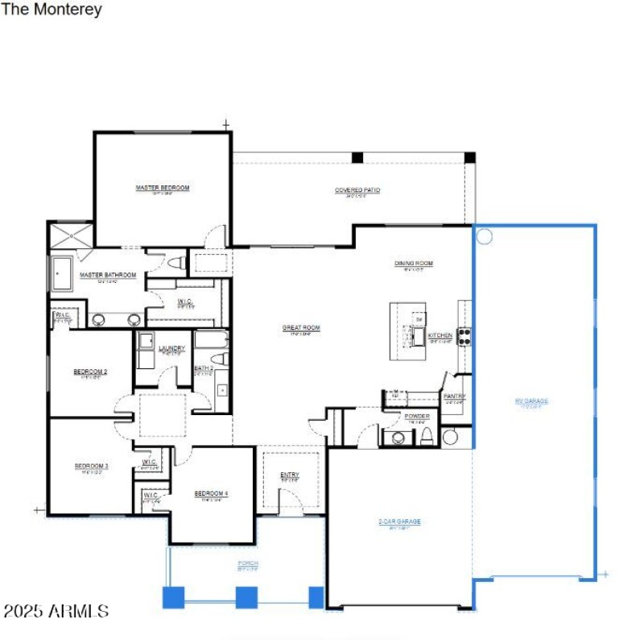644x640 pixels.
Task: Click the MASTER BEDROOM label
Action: click(163, 188)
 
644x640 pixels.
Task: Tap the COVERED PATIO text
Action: click(357, 190)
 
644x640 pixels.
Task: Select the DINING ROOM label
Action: click(414, 264)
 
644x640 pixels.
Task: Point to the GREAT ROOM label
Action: click(301, 328)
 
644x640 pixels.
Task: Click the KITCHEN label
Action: click(440, 335)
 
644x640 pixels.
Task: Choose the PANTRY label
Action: click(454, 397)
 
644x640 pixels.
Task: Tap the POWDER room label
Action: click(417, 416)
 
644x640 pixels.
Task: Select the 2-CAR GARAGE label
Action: click(400, 522)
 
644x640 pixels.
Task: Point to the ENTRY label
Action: click(290, 475)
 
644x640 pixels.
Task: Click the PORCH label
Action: click(247, 563)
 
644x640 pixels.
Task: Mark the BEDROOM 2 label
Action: click(90, 372)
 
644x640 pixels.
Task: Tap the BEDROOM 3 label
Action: click(91, 466)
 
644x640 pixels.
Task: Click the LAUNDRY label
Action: click(171, 348)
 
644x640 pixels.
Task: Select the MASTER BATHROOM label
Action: click(108, 275)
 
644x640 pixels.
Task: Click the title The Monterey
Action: click(52, 10)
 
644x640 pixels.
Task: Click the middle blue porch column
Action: click(246, 597)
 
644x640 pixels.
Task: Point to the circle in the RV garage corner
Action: click(485, 236)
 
